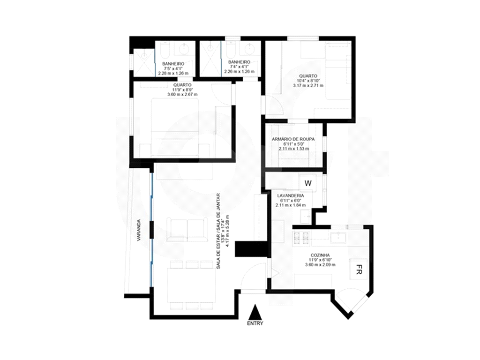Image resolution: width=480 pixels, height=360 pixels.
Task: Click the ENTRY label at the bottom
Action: (x=255, y=323)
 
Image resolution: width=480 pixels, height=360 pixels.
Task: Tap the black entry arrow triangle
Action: (x=255, y=313)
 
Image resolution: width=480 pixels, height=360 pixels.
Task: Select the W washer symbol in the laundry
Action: (x=308, y=183)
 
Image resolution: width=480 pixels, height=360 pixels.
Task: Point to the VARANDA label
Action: (x=139, y=230)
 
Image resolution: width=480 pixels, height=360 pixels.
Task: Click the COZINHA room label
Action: (x=320, y=255)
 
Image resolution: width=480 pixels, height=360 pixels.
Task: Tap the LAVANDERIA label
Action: (x=291, y=195)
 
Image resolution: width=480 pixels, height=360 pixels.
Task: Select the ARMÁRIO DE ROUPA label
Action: (x=293, y=139)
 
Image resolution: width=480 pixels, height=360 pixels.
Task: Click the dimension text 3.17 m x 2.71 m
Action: (x=308, y=85)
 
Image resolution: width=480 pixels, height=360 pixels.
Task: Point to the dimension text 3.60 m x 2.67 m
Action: (x=182, y=95)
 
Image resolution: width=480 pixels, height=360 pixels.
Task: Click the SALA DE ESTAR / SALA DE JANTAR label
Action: (x=218, y=231)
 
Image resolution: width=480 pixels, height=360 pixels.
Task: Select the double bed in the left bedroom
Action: (x=175, y=127)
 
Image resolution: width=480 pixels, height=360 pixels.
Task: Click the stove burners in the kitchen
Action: (x=301, y=239)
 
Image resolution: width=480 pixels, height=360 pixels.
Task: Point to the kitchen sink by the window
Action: (x=338, y=237)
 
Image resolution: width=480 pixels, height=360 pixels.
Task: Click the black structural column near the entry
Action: (x=251, y=249)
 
